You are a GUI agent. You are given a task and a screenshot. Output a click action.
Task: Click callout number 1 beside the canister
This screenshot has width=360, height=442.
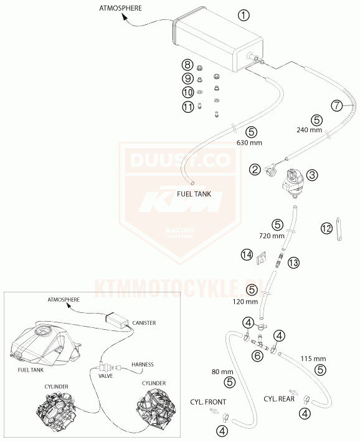(x=244, y=15)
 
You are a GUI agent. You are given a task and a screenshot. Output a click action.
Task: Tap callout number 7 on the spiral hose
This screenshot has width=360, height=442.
(x=337, y=106)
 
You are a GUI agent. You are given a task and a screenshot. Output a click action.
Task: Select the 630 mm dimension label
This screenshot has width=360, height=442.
(x=249, y=143)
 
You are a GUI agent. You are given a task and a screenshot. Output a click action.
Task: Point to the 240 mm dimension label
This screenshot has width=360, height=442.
(x=309, y=130)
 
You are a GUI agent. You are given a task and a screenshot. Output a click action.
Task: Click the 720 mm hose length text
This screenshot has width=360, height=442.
(x=272, y=236)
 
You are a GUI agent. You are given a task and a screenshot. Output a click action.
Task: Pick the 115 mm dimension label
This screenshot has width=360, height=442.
(x=313, y=359)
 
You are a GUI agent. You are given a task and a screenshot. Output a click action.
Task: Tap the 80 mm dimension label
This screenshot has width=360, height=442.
(x=222, y=372)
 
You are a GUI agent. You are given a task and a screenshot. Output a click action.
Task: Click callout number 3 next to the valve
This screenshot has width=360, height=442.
(x=312, y=175)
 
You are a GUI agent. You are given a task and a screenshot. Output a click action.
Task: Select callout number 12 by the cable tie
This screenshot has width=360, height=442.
(x=327, y=228)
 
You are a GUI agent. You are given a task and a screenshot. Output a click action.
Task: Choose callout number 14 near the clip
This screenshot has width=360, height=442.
(x=247, y=255)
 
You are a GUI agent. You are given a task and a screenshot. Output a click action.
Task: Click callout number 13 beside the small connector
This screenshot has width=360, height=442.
(x=293, y=263)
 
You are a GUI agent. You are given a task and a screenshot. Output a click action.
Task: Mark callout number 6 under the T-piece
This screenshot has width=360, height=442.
(x=257, y=356)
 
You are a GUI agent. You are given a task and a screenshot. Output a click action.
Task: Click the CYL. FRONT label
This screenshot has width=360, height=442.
(x=208, y=402)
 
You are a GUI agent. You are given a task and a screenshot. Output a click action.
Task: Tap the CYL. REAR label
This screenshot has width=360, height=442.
(x=279, y=399)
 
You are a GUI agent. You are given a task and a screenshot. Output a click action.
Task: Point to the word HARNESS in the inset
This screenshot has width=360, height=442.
(x=143, y=365)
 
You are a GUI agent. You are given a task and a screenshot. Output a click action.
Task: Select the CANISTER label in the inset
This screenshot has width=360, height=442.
(x=144, y=323)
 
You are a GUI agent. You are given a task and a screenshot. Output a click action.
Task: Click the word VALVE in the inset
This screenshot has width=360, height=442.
(x=106, y=376)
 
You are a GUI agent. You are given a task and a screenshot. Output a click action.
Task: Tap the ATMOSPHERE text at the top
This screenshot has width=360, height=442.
(x=120, y=8)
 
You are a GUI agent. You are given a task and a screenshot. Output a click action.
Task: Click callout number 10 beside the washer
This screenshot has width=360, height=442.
(x=188, y=92)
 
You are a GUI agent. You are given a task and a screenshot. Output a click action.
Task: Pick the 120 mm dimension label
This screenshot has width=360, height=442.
(x=245, y=302)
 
